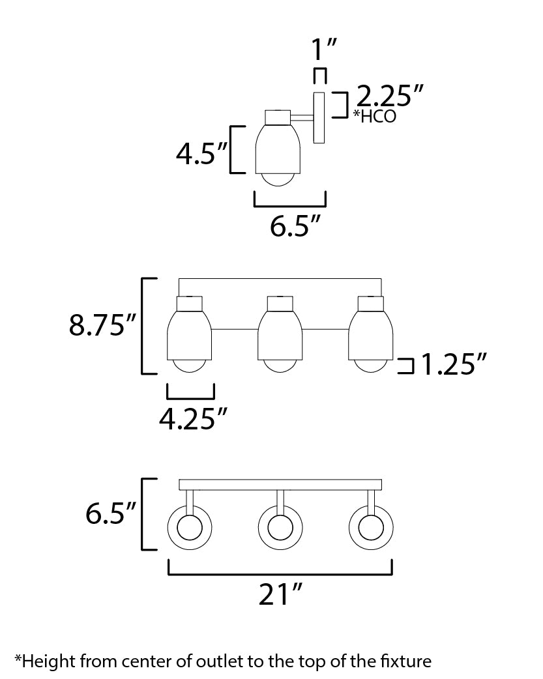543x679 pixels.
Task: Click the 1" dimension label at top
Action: [x=320, y=51]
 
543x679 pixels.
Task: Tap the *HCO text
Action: [x=375, y=117]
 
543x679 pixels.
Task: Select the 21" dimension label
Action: [x=280, y=594]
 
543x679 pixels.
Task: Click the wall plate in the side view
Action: [x=319, y=118]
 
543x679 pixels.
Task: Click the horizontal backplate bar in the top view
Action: [x=280, y=485]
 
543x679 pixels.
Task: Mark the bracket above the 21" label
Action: [x=280, y=573]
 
